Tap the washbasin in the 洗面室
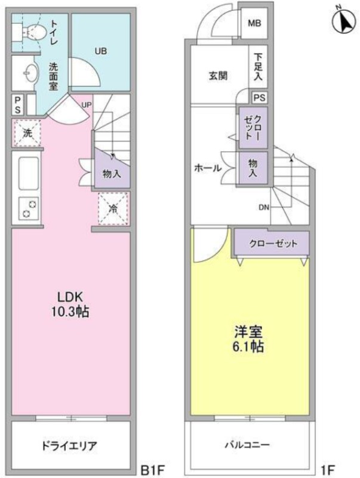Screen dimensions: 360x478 click(31, 73)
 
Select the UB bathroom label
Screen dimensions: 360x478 click(100, 51)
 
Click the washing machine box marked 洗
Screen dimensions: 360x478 click(27, 133)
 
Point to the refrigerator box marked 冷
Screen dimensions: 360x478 click(113, 209)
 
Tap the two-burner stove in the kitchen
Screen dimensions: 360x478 click(29, 208)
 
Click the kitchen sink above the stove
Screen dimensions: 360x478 click(29, 173)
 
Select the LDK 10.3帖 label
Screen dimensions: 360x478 click(70, 304)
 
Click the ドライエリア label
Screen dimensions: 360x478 click(69, 446)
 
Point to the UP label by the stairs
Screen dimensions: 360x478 click(86, 105)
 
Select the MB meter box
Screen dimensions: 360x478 click(254, 23)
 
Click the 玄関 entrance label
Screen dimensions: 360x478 click(219, 76)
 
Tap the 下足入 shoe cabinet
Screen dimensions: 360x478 click(258, 67)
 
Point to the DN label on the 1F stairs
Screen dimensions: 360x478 click(264, 207)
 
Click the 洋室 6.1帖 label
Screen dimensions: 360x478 click(248, 339)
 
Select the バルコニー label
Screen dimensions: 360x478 click(247, 445)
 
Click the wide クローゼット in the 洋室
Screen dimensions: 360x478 click(273, 243)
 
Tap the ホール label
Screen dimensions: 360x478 click(208, 168)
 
